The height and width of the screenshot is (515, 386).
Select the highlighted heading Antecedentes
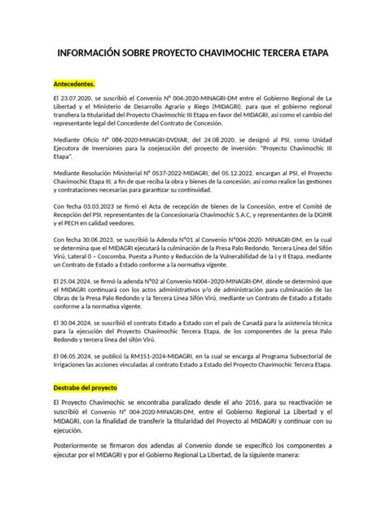point(75,83)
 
